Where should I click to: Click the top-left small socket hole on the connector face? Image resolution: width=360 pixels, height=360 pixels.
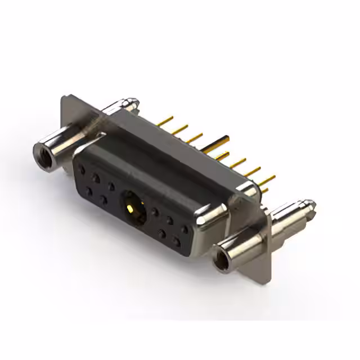pos(83,168)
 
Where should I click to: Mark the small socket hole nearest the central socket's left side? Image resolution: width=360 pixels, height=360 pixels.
pos(111,186)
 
